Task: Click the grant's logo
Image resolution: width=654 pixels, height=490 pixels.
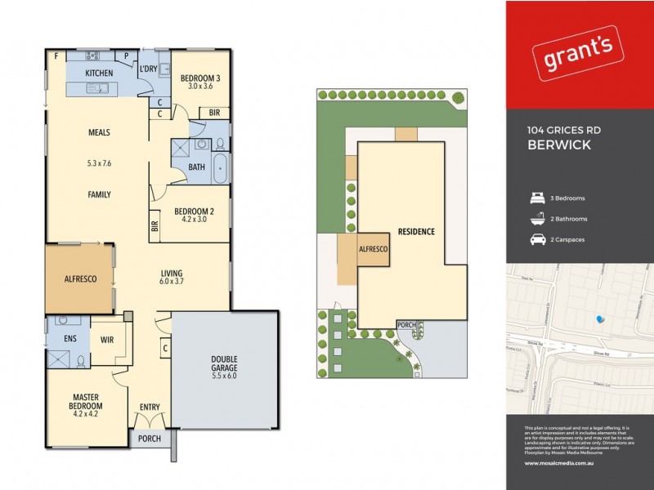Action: pyautogui.click(x=573, y=56)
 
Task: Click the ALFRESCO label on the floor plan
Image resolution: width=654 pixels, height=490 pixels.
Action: pyautogui.click(x=80, y=278)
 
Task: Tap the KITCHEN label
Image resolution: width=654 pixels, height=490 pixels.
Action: pyautogui.click(x=99, y=73)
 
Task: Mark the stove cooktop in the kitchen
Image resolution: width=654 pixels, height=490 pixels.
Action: pyautogui.click(x=92, y=56)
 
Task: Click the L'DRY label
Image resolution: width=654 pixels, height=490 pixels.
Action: pyautogui.click(x=148, y=69)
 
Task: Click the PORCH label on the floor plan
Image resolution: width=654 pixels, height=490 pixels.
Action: pyautogui.click(x=149, y=439)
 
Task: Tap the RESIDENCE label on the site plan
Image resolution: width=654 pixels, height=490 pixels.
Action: pyautogui.click(x=416, y=231)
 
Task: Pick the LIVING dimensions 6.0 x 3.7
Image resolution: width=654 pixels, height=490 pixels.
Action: pyautogui.click(x=171, y=282)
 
